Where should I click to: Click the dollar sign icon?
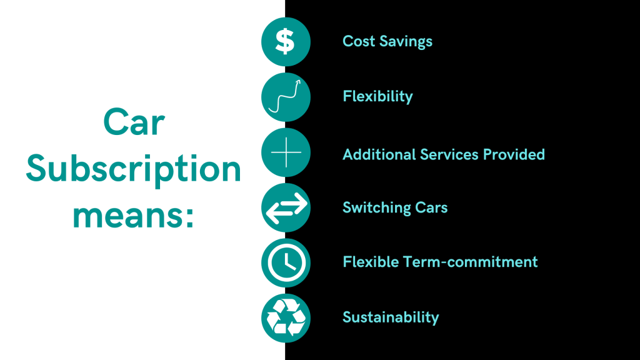(x=286, y=41)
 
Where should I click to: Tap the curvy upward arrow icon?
(x=286, y=97)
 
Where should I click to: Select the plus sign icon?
(x=286, y=152)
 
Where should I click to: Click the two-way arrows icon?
(x=286, y=208)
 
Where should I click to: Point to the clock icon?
(x=286, y=262)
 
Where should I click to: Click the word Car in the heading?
(x=133, y=123)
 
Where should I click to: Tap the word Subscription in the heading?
(x=133, y=169)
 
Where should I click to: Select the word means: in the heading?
(x=133, y=214)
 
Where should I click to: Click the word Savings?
(x=405, y=42)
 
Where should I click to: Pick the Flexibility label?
(x=377, y=97)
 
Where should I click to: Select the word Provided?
(x=516, y=154)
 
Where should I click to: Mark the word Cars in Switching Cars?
(x=431, y=208)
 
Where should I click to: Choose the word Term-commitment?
(x=478, y=261)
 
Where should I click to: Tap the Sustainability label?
(x=391, y=317)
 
